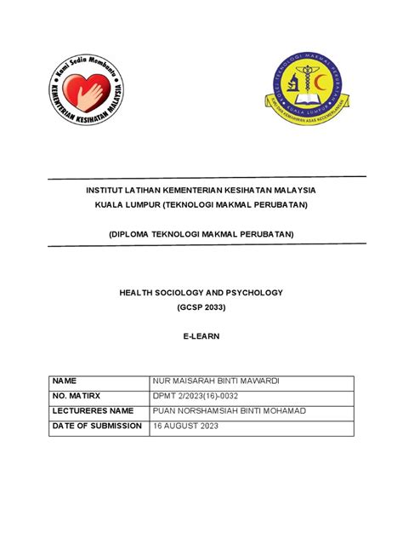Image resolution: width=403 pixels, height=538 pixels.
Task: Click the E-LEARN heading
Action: pyautogui.click(x=201, y=335)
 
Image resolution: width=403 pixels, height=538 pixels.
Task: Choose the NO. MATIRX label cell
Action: pyautogui.click(x=77, y=395)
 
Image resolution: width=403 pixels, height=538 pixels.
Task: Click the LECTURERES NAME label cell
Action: pyautogui.click(x=94, y=410)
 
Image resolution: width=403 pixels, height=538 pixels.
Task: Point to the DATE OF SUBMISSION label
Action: pyautogui.click(x=97, y=426)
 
